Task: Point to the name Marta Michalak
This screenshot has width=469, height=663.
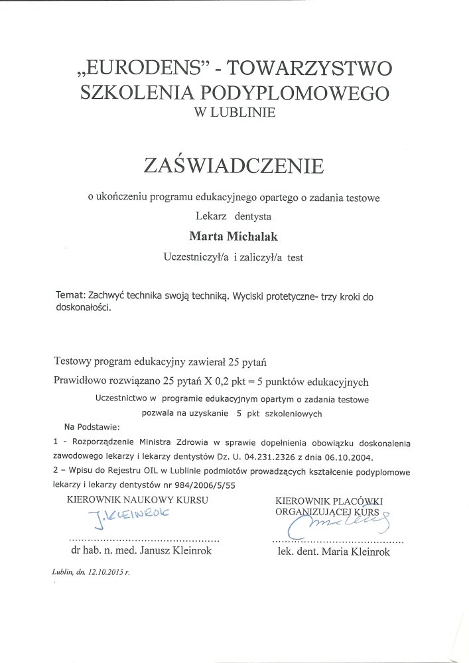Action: pyautogui.click(x=234, y=234)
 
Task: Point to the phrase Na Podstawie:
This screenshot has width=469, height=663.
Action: pyautogui.click(x=90, y=426)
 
